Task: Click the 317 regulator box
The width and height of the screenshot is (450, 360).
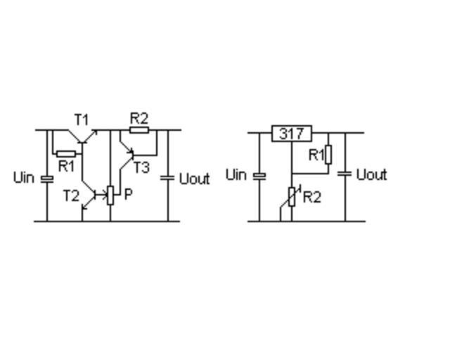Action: [x=291, y=133]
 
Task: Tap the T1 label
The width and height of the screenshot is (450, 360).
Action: [x=82, y=119]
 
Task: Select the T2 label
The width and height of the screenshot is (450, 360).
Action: [x=72, y=195]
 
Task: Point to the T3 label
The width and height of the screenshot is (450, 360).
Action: [x=141, y=167]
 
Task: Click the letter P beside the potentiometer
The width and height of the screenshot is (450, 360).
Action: [x=128, y=194]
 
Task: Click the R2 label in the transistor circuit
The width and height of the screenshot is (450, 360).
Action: [x=139, y=117]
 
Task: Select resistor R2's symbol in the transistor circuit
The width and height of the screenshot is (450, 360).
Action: [x=139, y=130]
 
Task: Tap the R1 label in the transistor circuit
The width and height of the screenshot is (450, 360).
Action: [x=66, y=166]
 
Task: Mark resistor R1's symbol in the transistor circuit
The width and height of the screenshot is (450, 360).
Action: [x=66, y=153]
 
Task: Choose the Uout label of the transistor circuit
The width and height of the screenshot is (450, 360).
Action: [x=194, y=179]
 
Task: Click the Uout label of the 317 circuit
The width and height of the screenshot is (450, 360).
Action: [x=371, y=174]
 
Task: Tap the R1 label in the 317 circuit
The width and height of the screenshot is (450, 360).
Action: [x=316, y=155]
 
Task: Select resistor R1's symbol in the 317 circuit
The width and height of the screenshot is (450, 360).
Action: [x=328, y=155]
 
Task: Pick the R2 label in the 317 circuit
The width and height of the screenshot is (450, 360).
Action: [x=311, y=197]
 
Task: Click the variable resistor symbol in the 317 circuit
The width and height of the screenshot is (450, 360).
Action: [x=291, y=198]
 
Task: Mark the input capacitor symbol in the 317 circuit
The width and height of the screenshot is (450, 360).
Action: [x=259, y=175]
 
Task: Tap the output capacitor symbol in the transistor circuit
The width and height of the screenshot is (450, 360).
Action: [x=167, y=177]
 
